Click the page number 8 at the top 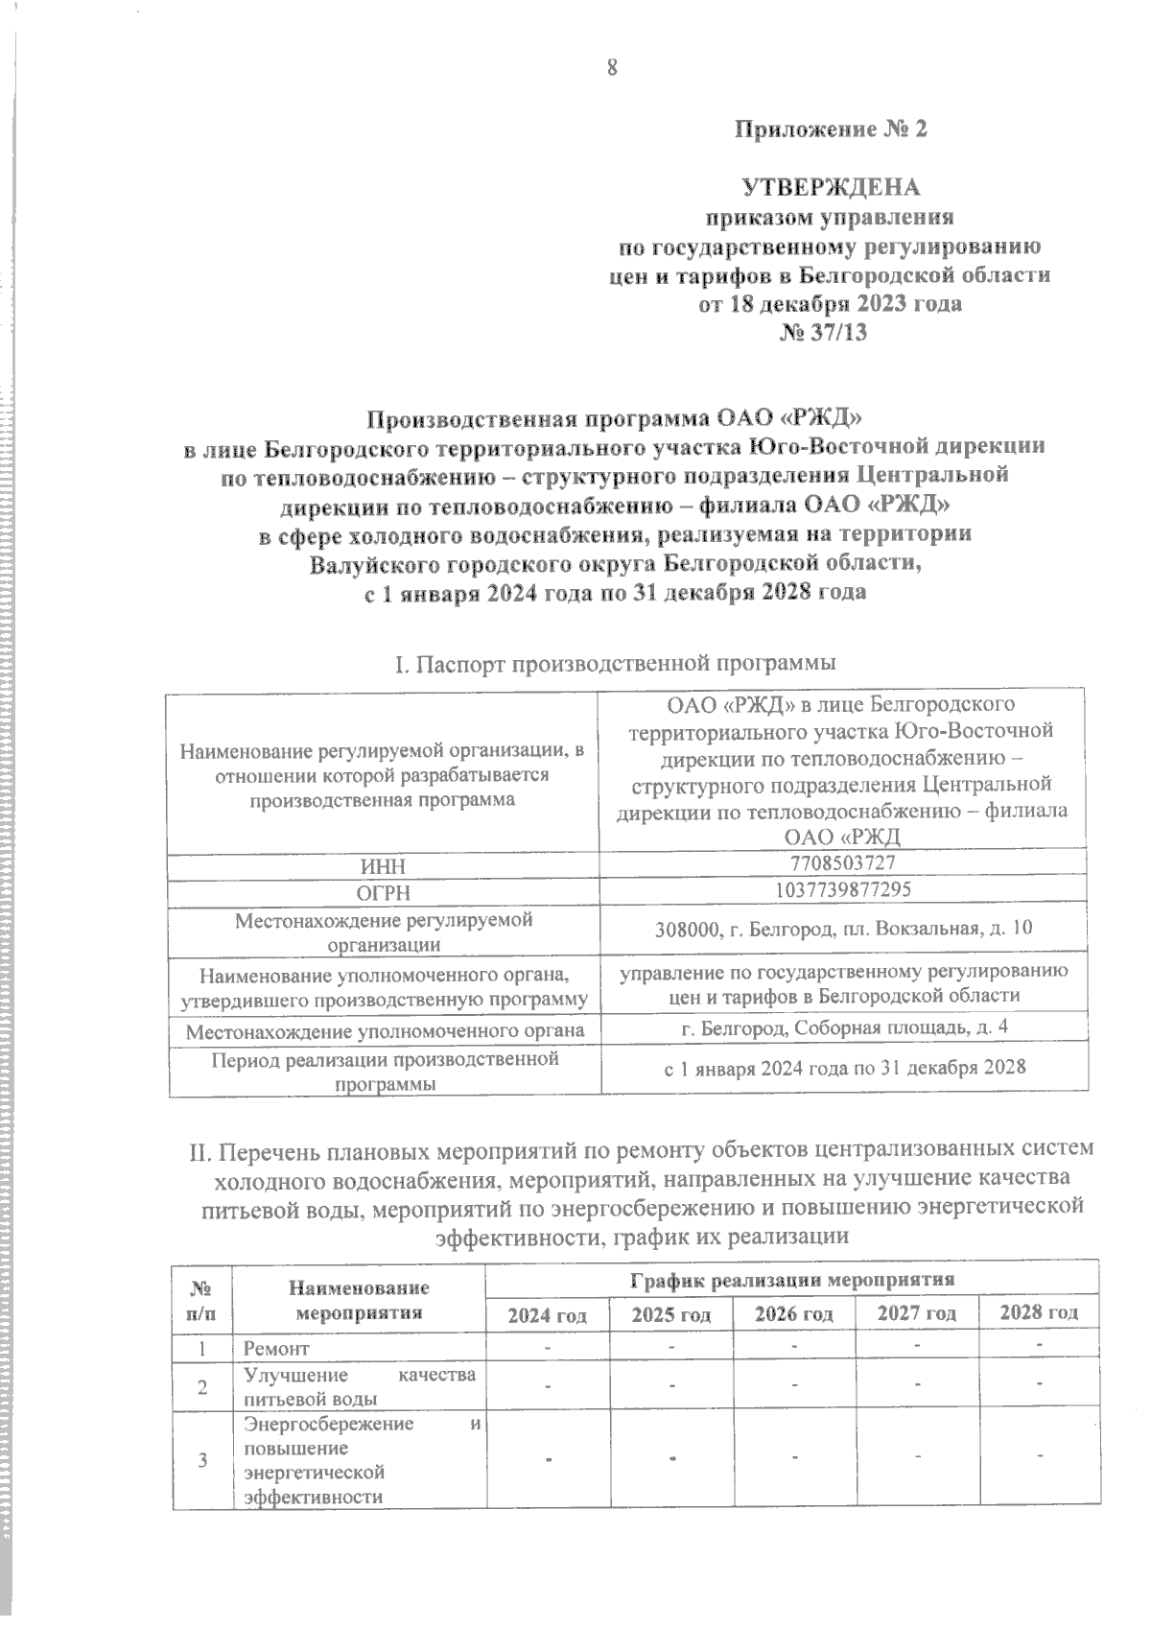[x=610, y=67]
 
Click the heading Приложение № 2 [x=831, y=130]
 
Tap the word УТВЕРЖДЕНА [x=831, y=188]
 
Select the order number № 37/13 [x=831, y=332]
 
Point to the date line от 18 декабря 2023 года [x=831, y=304]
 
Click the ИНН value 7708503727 [x=844, y=863]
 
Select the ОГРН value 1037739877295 [x=844, y=889]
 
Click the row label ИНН [x=383, y=866]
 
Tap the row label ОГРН [x=383, y=892]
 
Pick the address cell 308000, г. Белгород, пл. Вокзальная [x=844, y=929]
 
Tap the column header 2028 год [x=1039, y=1311]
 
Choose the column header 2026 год [x=793, y=1312]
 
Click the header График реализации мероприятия [x=792, y=1279]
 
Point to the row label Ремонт [x=277, y=1349]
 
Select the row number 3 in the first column [x=202, y=1461]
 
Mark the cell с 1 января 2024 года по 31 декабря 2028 [x=844, y=1068]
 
